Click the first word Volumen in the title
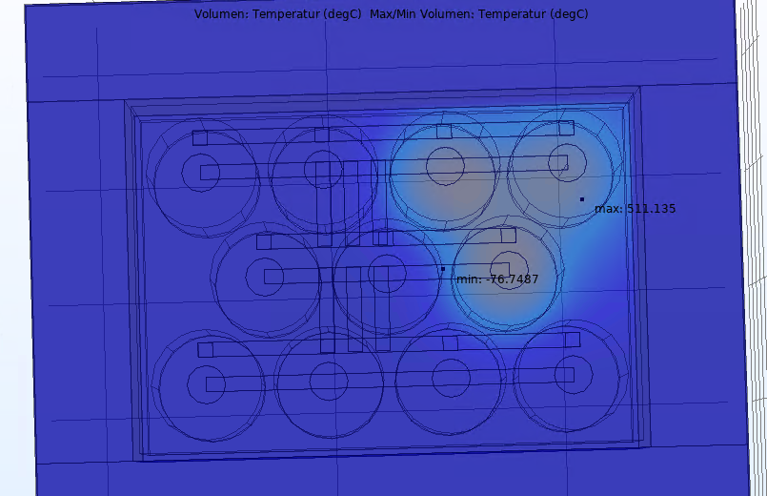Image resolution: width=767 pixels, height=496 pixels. (221, 13)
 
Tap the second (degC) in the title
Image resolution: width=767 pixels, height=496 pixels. (569, 14)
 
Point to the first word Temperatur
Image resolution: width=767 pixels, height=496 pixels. (287, 14)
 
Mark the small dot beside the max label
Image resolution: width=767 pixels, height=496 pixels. (581, 199)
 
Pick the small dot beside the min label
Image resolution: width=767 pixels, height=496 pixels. (443, 269)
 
